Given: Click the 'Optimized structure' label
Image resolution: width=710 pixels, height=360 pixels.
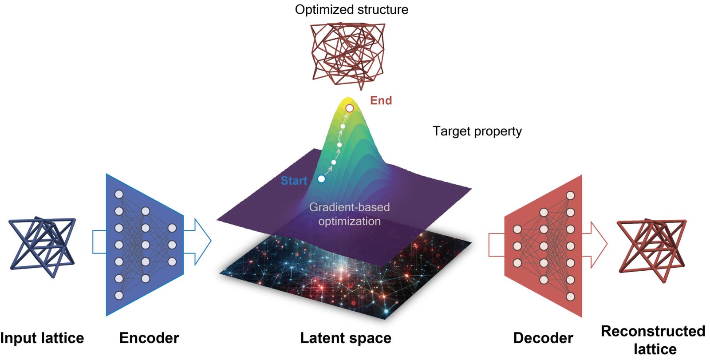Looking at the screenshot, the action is coord(351,10).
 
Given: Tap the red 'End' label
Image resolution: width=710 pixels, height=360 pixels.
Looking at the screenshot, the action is coord(381,101).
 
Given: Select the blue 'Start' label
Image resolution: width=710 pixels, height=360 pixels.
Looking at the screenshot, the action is coord(294,181).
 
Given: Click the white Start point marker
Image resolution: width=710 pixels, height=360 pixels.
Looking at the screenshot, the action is coord(321,179).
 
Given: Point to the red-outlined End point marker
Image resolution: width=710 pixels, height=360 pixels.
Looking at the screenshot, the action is coord(350,108).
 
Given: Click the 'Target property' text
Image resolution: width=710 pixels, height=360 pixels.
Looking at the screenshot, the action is coord(477,131).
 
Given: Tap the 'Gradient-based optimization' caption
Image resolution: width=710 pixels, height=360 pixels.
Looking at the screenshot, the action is coord(349,214).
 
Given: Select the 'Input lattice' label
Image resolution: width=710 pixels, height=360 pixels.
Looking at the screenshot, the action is coord(42,338).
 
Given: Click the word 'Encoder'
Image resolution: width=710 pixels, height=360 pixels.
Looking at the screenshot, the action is coord(149,338).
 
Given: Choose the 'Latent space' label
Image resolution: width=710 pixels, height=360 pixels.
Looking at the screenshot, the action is coord(346,338).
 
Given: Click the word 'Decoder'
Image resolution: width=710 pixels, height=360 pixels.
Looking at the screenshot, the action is coord(543,338).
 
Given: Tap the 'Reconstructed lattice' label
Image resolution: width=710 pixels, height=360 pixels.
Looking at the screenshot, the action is coord(653,340).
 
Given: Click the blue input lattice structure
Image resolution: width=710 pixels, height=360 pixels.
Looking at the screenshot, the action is coord(42,246).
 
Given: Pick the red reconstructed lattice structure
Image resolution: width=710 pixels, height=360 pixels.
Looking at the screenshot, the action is coord(652,249).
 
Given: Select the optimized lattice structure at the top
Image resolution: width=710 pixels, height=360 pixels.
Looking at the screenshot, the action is coord(348,55).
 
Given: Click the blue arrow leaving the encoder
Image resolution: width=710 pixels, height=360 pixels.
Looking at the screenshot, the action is coord(197,241).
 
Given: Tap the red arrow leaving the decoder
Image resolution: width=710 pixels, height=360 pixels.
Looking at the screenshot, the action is coord(595,245).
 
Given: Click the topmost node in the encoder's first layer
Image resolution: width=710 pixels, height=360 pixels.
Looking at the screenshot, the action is coord(119,194).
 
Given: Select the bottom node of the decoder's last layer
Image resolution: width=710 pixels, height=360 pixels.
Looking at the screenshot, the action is coord(570,297).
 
